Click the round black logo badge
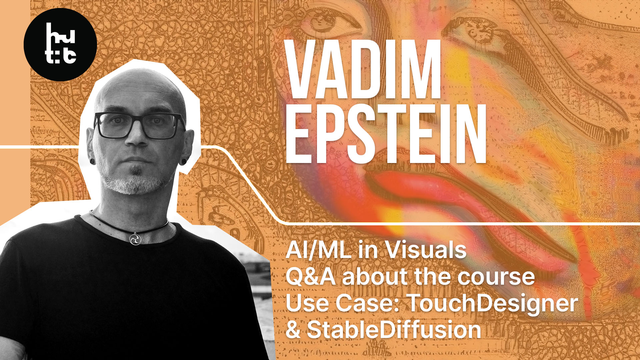(60, 45)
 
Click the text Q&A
(311, 277)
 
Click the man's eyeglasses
(139, 125)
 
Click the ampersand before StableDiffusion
(293, 330)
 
